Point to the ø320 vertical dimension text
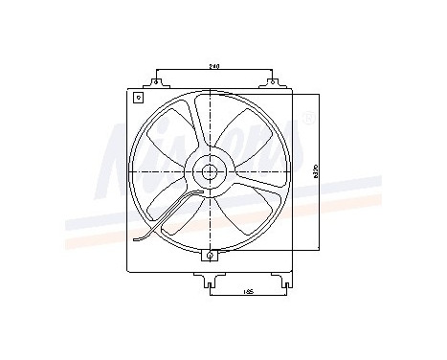click(x=316, y=172)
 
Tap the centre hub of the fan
click(x=209, y=173)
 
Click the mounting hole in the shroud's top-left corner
click(x=138, y=98)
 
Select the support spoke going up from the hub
click(x=199, y=124)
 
